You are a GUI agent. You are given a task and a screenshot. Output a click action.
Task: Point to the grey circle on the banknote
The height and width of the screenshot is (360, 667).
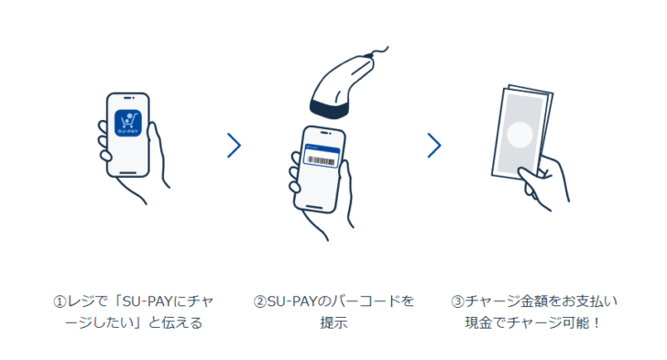[x=520, y=136]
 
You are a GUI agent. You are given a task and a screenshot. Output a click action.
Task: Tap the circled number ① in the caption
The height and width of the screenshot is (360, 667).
[x=60, y=301]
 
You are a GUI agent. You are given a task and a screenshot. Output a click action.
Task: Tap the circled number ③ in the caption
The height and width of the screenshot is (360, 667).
[x=458, y=301]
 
